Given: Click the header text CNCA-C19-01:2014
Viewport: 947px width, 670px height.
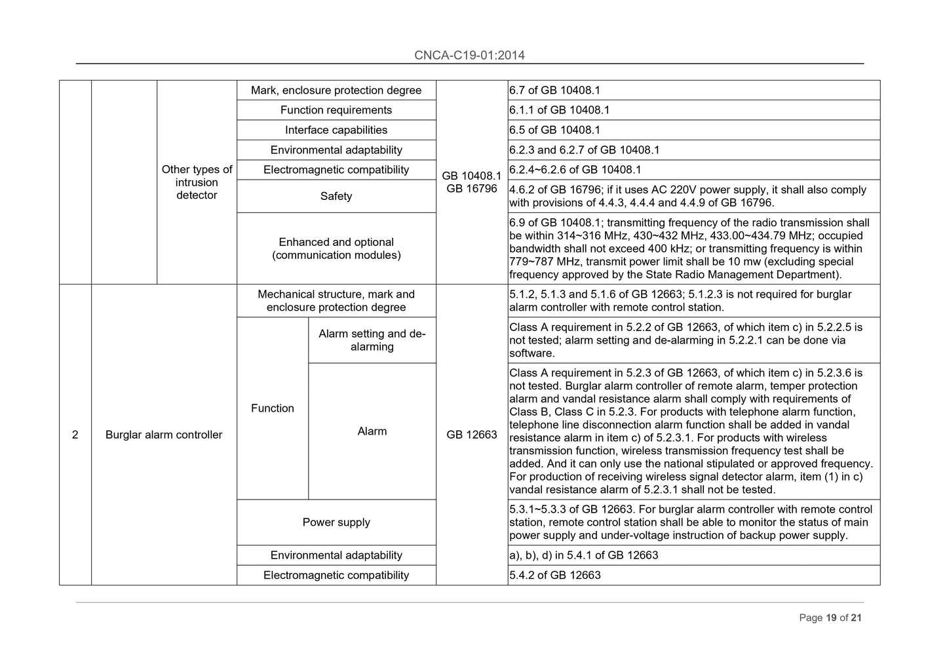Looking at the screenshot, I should click(469, 55).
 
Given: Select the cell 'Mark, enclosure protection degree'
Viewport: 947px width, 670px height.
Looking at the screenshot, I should click(336, 90).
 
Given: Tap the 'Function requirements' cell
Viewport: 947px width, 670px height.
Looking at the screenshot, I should click(336, 110).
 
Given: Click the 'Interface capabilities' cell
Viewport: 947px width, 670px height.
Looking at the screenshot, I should click(336, 130).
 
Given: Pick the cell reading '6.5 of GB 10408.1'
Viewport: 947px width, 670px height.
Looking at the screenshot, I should click(554, 130).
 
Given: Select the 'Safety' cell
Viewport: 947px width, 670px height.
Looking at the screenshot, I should click(336, 196).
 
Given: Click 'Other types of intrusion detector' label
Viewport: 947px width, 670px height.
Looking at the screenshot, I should click(197, 182).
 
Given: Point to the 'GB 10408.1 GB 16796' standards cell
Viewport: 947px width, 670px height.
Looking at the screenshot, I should click(471, 182).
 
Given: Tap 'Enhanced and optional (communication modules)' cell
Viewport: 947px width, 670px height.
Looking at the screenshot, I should click(336, 248).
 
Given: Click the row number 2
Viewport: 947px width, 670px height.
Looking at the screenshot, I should click(75, 435).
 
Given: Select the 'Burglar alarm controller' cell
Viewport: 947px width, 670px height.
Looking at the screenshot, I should click(164, 435).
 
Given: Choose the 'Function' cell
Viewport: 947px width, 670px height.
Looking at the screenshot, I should click(272, 408).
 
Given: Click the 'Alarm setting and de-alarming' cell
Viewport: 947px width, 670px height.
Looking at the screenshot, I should click(372, 340).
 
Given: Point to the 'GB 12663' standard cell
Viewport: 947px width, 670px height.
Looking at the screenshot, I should click(471, 435).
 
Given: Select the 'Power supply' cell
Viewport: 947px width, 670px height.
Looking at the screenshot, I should click(336, 522).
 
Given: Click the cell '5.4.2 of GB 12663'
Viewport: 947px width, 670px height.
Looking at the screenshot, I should click(554, 575).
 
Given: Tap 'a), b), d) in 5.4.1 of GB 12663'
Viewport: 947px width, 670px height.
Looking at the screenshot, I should click(583, 555).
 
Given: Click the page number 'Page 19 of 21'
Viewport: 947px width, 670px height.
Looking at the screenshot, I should click(830, 618).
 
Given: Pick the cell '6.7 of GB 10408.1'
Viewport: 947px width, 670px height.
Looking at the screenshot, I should click(554, 90).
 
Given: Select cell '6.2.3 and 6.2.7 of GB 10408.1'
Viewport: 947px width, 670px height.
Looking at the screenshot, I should click(584, 150).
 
